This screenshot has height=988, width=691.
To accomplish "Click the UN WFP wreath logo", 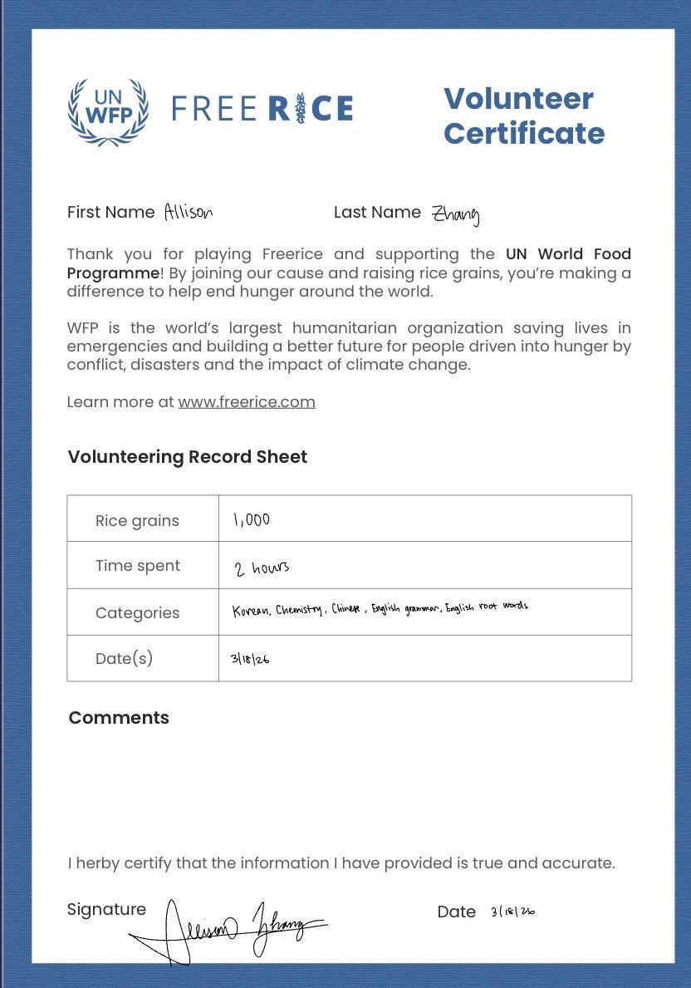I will click(108, 111).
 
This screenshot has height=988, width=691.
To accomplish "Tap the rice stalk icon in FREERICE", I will click(301, 109).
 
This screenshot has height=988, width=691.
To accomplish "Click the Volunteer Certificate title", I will click(523, 116).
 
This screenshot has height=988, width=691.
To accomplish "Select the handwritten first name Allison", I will click(189, 213).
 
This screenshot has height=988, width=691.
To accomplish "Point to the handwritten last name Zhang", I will click(455, 215).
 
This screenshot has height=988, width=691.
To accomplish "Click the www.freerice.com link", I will click(247, 402).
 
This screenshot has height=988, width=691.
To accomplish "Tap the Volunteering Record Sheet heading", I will click(188, 457).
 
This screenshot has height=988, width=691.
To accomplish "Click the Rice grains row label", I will click(137, 521).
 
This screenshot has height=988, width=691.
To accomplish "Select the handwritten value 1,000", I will click(252, 520).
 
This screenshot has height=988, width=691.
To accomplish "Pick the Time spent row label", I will click(138, 566).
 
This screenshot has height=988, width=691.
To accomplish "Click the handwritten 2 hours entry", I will click(262, 568).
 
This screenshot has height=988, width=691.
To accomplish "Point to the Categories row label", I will click(137, 613).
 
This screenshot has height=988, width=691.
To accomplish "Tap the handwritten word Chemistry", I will click(299, 610).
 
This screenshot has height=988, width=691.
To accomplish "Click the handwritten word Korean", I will click(251, 612).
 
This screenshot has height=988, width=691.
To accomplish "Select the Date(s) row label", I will click(124, 659).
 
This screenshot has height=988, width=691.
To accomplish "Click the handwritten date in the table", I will click(250, 659).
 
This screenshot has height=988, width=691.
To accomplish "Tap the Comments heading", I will click(119, 718).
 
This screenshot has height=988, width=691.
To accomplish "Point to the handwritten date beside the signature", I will click(512, 912).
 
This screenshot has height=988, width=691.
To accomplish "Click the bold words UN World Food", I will click(568, 254).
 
